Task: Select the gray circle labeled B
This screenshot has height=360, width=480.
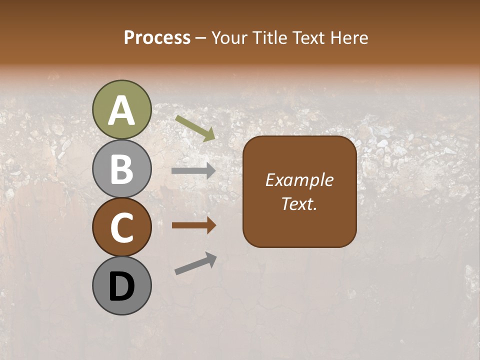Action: click(122, 169)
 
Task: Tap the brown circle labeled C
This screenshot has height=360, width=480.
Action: click(122, 227)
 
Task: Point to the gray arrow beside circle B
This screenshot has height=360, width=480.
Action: click(193, 171)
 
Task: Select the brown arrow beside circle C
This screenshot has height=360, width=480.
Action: click(193, 225)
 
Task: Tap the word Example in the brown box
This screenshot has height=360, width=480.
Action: click(299, 180)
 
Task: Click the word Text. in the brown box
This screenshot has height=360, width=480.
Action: click(299, 204)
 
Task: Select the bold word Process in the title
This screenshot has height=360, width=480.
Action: click(157, 37)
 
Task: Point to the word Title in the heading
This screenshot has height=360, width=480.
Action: click(270, 37)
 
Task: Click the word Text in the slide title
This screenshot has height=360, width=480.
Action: click(309, 37)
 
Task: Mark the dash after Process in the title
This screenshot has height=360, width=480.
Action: click(201, 38)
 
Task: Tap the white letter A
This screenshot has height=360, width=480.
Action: click(122, 111)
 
